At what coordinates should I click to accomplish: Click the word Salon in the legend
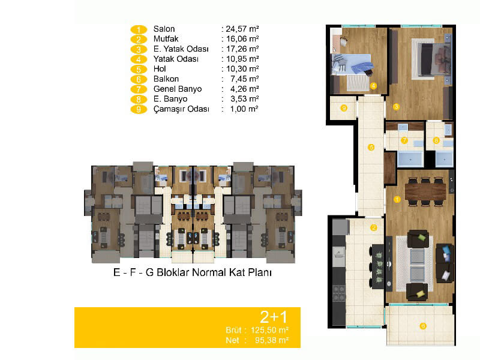click(164, 29)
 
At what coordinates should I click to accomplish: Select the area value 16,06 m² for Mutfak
click(242, 39)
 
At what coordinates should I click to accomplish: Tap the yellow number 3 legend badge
click(139, 49)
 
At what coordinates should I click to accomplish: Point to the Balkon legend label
click(166, 79)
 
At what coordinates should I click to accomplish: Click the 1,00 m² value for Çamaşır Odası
click(244, 109)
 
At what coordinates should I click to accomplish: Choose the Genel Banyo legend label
click(178, 89)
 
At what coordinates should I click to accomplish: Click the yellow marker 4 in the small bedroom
click(373, 86)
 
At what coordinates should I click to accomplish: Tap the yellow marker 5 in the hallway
click(371, 148)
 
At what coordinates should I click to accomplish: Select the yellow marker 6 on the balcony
click(423, 326)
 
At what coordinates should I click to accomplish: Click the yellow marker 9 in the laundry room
click(344, 108)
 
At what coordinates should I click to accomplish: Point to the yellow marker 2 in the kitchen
click(373, 227)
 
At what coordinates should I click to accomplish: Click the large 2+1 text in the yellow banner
click(274, 317)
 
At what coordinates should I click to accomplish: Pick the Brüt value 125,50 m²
click(269, 331)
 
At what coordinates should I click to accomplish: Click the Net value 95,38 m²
click(272, 340)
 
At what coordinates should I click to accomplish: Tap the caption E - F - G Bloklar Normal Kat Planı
click(192, 272)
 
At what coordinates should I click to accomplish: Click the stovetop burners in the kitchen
click(339, 293)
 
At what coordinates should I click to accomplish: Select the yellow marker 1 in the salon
click(397, 200)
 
